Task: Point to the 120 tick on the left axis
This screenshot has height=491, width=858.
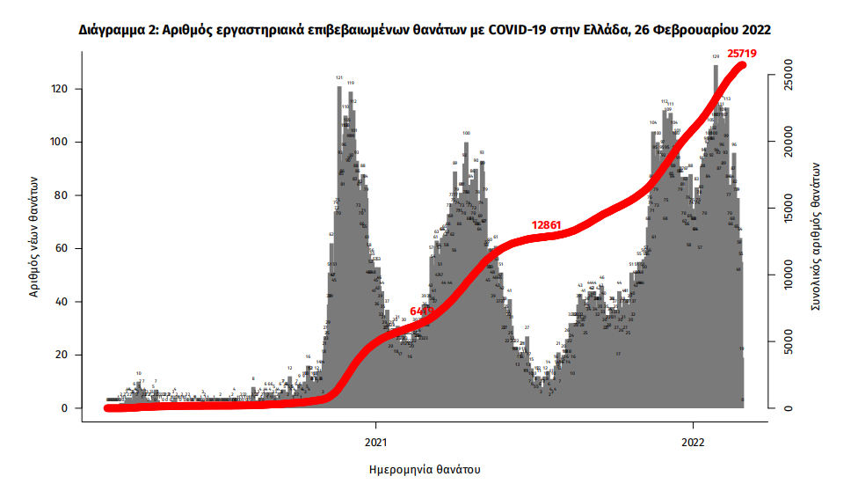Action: pos(62,89)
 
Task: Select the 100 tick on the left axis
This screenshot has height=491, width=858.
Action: pos(62,143)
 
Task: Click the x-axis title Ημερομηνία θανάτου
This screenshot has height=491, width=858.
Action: pos(425,468)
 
